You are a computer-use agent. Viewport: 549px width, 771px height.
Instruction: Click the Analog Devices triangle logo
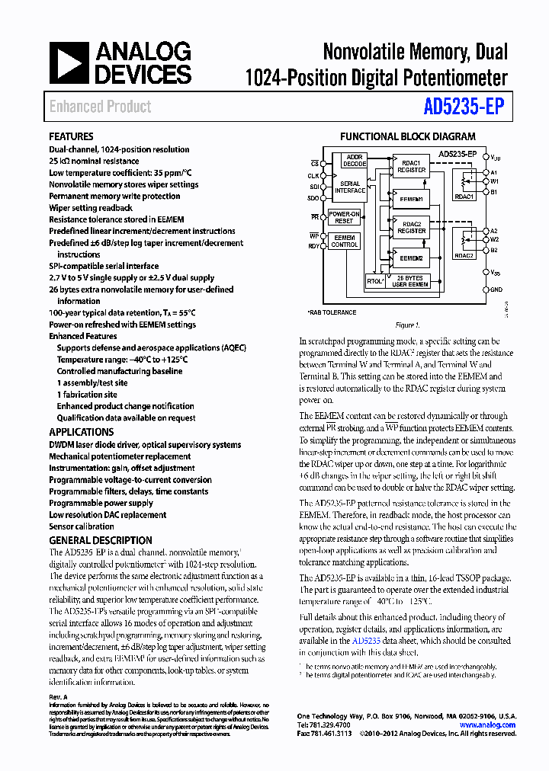69,62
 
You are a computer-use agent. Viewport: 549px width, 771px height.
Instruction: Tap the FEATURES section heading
72,136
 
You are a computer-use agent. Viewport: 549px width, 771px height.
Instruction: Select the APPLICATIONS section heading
82,432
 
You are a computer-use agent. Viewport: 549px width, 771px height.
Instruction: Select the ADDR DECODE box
355,162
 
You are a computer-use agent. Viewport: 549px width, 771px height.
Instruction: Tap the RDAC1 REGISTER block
412,166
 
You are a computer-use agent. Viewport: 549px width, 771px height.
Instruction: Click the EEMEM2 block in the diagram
410,258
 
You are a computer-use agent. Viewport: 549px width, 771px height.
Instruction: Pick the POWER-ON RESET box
344,217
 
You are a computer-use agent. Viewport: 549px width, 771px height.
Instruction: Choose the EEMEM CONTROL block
344,242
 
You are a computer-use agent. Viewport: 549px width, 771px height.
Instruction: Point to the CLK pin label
313,174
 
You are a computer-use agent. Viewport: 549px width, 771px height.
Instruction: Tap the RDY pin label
313,246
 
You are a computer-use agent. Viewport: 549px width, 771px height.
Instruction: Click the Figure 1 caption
407,325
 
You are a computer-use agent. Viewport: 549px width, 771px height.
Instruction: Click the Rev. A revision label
59,697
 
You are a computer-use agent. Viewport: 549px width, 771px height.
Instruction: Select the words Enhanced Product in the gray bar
100,107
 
